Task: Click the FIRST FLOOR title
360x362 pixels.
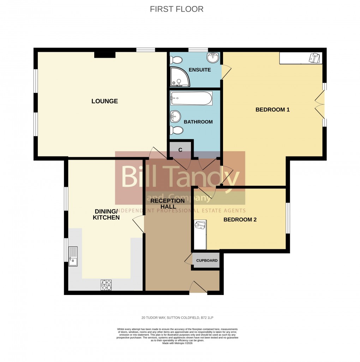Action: coord(176,9)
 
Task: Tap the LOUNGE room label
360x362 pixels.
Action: coord(104,102)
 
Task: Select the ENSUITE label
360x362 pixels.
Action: coord(199,70)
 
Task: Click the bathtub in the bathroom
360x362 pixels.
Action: coord(191,98)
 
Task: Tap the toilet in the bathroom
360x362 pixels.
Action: coord(176,130)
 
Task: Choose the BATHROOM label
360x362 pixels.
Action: coord(198,122)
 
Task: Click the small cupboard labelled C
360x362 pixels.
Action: coord(180,150)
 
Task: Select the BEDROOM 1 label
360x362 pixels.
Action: coord(272,110)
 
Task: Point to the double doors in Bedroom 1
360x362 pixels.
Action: coord(320,104)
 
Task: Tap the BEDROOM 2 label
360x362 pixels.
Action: coord(240,220)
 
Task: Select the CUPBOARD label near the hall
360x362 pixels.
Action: coord(207,261)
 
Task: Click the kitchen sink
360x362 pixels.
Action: coord(73,257)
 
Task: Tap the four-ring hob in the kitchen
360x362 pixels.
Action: coord(106,285)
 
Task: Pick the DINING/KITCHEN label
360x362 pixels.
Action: coord(106,214)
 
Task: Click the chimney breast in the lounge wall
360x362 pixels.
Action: coord(105,55)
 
